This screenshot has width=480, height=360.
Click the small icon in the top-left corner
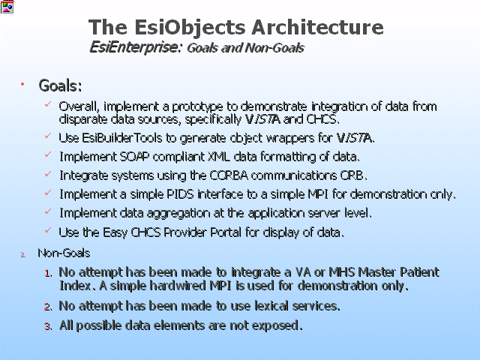[7, 7]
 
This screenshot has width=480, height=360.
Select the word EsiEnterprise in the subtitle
[134, 48]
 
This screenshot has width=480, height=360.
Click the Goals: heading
[60, 85]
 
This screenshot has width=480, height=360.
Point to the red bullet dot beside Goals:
[22, 84]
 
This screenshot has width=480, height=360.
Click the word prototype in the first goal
[197, 106]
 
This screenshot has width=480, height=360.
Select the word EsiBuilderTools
[122, 138]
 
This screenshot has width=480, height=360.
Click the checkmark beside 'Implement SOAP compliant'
[48, 154]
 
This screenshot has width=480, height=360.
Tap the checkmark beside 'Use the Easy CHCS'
[48, 230]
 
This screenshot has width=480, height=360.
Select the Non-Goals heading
[64, 253]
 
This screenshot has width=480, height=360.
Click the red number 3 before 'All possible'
[48, 326]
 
